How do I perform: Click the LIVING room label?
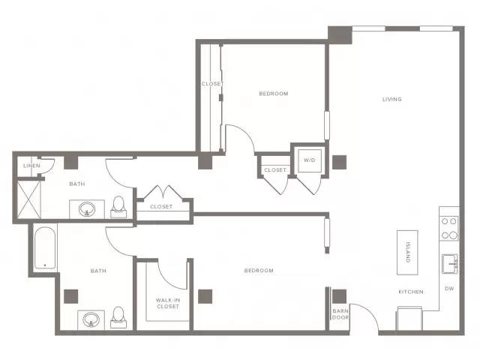pos(391,99)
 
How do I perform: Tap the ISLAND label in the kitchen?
pos(407,252)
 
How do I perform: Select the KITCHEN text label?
pos(411,292)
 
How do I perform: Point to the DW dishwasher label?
pos(449,288)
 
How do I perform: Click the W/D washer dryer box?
pos(310,160)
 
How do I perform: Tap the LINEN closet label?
pos(31,166)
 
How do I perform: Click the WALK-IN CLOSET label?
pos(168,303)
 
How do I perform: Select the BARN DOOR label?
pos(340,314)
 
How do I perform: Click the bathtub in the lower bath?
pos(45,248)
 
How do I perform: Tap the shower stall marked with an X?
pos(29,199)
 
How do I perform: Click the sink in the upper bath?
pos(87,209)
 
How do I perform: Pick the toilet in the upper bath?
pos(118,207)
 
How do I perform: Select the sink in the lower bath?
pos(91,319)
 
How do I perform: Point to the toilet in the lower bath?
pos(118,317)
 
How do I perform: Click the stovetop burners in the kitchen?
pos(449,228)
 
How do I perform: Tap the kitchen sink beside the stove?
pos(450,263)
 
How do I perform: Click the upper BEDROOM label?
pos(274,93)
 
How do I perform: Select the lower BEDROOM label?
pos(259,270)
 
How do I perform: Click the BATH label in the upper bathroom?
pos(77,184)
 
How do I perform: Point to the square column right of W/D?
pos(340,162)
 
